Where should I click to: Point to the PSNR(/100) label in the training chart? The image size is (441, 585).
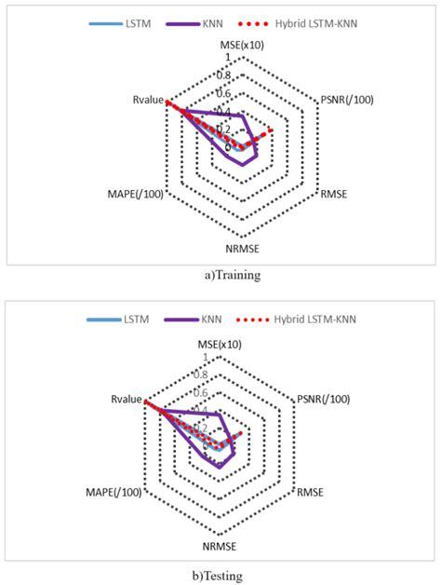click(x=345, y=100)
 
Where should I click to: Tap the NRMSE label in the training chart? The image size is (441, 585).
click(x=242, y=249)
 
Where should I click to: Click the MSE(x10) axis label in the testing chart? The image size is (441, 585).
click(x=220, y=344)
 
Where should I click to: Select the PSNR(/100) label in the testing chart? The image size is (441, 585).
click(x=323, y=399)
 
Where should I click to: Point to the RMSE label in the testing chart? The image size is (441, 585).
click(x=311, y=492)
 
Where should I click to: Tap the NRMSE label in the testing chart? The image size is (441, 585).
click(x=220, y=546)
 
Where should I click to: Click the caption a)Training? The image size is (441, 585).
click(x=220, y=275)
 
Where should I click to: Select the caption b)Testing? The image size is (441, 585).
click(x=220, y=575)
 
